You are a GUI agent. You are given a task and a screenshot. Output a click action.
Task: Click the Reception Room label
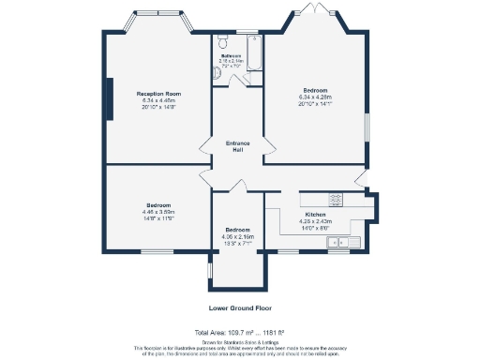coord(158,95)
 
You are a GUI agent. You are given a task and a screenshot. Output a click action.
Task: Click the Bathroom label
coord(231,56)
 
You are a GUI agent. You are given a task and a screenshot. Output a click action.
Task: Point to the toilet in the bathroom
coord(222,41)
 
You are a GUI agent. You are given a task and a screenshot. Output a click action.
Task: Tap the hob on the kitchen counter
coord(335,198)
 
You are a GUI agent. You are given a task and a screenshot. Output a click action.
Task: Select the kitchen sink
coord(336,243)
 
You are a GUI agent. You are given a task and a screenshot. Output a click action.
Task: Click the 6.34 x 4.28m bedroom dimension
coord(314,97)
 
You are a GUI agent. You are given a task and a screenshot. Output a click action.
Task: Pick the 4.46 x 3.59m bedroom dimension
coord(157,211)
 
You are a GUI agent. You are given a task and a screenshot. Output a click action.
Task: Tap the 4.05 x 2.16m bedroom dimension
coord(238,236)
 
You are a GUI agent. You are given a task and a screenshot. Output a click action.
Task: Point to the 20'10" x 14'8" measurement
coord(158,107)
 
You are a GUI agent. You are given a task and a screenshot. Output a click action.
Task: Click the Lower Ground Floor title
coord(239,307)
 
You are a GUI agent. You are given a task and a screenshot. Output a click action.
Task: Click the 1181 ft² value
coord(272,333)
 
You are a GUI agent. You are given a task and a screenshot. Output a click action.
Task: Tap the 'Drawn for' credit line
coord(239,342)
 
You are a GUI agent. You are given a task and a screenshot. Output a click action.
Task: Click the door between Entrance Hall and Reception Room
coord(204,146)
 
